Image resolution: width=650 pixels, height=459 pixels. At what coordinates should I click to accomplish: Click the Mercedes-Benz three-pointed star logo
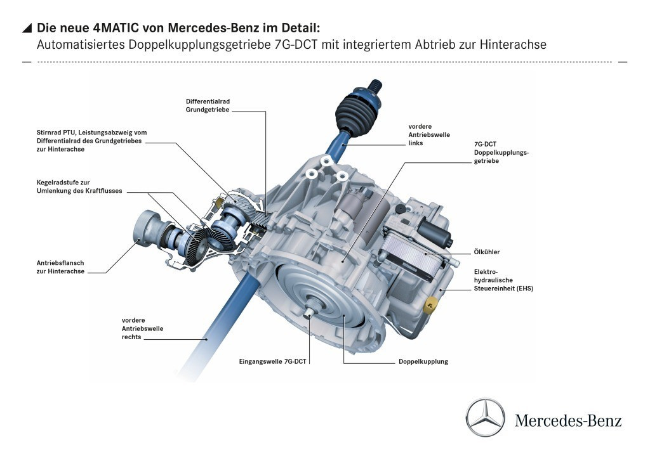pos(486,418)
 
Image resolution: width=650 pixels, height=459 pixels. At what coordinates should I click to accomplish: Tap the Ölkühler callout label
pos(486,252)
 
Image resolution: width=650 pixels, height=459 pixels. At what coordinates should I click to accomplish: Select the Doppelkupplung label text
pos(423,361)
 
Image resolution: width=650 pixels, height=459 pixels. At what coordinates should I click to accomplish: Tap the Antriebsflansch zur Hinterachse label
pos(61,267)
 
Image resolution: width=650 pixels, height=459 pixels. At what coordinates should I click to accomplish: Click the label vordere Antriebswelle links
pos(420,135)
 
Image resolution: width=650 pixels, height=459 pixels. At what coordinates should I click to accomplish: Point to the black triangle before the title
pos(27,28)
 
